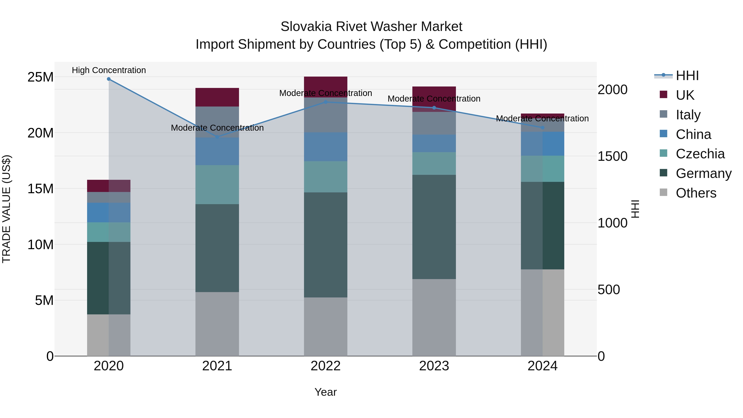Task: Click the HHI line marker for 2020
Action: [109, 79]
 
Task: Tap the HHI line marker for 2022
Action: [326, 102]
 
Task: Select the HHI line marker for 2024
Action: [543, 128]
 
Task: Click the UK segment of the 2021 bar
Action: [217, 97]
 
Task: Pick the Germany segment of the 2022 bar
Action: [326, 245]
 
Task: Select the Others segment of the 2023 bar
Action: [434, 317]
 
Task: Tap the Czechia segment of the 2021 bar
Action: [217, 185]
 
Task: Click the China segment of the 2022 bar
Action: [326, 147]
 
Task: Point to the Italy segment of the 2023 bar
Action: [434, 123]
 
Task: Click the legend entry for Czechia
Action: [700, 154]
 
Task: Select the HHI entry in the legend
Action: [687, 76]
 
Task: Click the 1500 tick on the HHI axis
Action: [612, 156]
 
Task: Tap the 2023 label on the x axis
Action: [434, 366]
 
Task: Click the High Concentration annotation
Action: [109, 70]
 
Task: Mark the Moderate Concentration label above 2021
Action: [217, 128]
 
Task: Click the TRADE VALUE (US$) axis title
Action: [6, 209]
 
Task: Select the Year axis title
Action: [326, 392]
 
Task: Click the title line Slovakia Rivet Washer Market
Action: [371, 27]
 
